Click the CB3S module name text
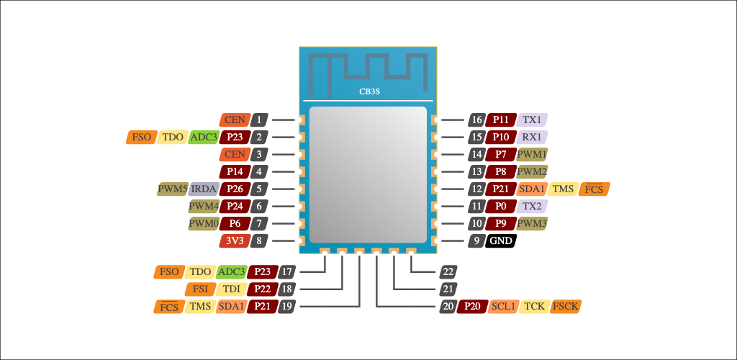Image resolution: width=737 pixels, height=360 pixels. pos(369,92)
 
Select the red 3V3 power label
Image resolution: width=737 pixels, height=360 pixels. pos(235,241)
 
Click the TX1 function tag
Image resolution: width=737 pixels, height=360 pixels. pos(533,120)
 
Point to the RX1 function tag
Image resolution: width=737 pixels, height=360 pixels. pos(533,137)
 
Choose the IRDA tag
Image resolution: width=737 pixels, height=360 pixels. pos(204,189)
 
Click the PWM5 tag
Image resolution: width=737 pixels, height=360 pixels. pos(173,189)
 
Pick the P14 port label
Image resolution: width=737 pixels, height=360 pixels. pos(235,171)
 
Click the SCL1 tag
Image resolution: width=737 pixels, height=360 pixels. pos(503,306)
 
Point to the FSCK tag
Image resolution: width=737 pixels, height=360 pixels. pos(565,306)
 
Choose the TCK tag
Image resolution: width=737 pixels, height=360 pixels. pos(534,306)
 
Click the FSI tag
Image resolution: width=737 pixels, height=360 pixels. pos(200,289)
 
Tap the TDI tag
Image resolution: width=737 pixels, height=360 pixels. pos(231,289)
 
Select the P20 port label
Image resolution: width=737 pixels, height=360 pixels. pos(472,306)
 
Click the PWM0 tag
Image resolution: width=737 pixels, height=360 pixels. pos(204,224)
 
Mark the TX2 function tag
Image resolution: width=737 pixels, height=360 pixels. pos(533,206)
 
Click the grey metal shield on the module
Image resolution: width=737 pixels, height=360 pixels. pos(366,173)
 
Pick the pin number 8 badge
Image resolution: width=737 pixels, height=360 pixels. pos(260,241)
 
